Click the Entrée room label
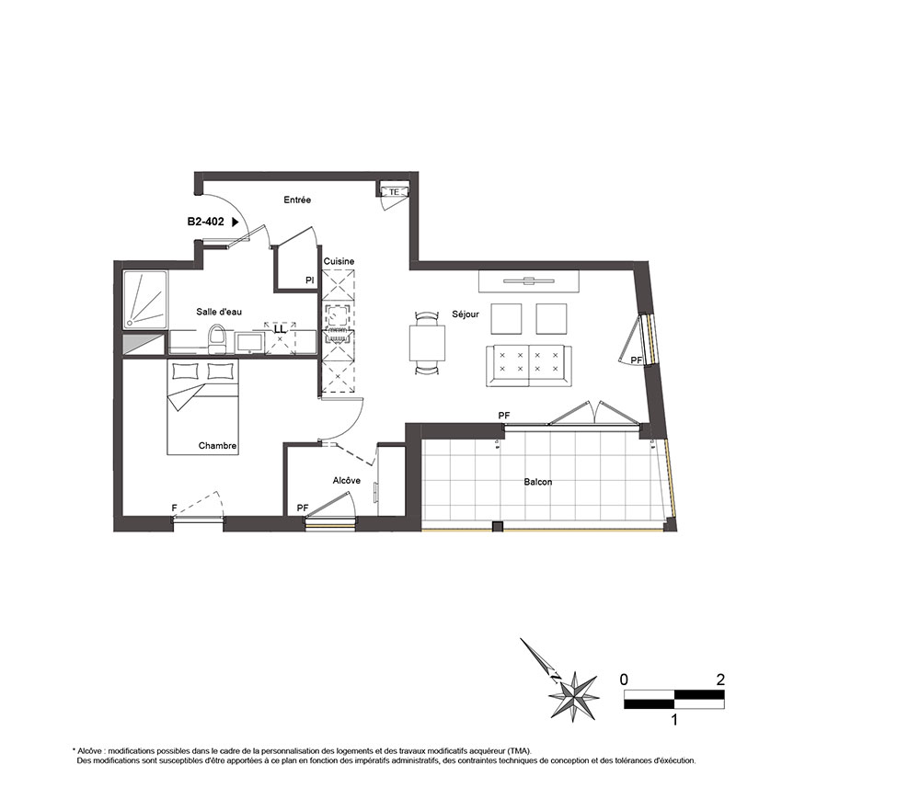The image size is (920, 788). (x=297, y=200)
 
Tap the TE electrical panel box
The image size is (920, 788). (x=394, y=192)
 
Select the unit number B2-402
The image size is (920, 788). (x=205, y=222)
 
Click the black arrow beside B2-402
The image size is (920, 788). (x=236, y=222)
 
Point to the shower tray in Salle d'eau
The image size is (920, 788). (x=145, y=300)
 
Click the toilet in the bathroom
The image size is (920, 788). (x=217, y=340)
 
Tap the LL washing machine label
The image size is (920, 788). (x=280, y=330)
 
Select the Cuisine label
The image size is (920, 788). (x=339, y=261)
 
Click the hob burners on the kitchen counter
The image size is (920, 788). (x=338, y=314)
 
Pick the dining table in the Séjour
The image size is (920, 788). (x=427, y=343)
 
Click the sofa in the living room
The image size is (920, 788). (x=529, y=366)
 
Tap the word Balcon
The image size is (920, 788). (x=538, y=482)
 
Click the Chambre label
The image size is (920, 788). (x=217, y=446)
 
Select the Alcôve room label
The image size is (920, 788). (x=346, y=480)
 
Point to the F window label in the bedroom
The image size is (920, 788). (x=174, y=508)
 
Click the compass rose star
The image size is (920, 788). (x=573, y=696)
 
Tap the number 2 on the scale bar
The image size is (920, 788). (x=720, y=680)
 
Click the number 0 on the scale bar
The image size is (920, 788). (x=624, y=680)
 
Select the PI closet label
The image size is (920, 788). (x=309, y=280)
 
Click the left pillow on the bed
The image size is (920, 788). (x=187, y=371)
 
